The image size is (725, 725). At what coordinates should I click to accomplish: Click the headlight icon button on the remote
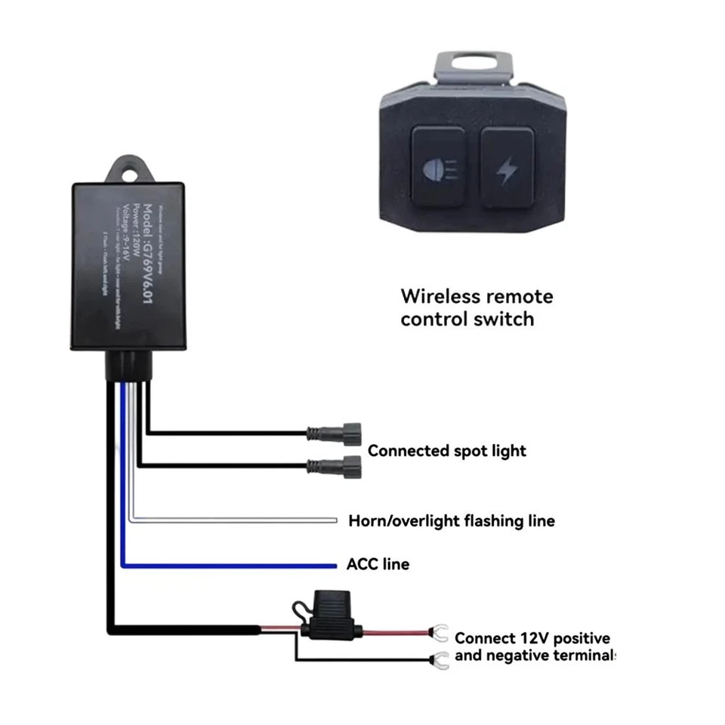438,167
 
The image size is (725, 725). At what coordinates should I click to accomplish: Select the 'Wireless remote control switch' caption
477,307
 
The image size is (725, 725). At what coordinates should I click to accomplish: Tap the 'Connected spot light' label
446,451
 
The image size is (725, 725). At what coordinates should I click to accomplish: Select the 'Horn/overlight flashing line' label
451,520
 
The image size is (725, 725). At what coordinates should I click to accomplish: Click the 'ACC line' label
378,564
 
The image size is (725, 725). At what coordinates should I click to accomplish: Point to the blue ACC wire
227,565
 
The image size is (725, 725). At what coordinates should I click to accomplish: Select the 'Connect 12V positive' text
532,638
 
